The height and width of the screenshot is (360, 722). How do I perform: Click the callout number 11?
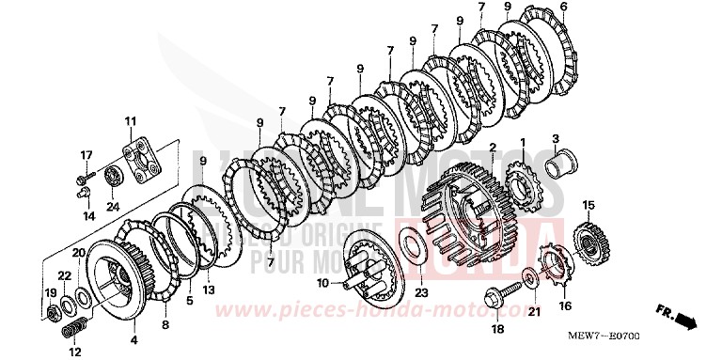point(130,120)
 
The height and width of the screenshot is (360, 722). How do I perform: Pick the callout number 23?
point(420,292)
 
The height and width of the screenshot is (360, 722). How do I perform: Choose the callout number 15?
point(588,206)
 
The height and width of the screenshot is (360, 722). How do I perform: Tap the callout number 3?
point(556,138)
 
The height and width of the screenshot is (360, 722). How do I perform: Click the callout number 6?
point(564,8)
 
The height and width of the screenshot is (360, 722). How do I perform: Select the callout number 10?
point(322,282)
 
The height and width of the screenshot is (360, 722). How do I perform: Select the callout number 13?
point(209,289)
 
